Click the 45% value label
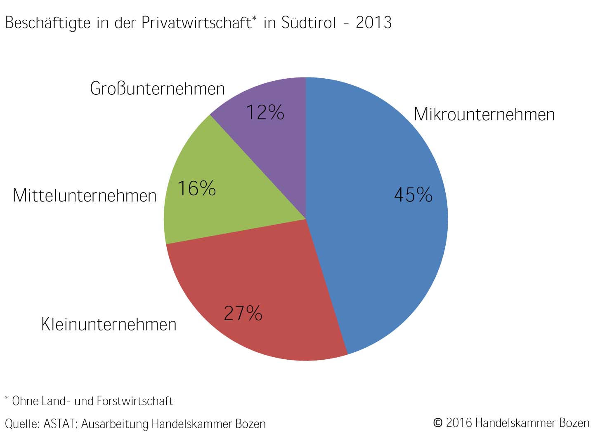click(x=413, y=194)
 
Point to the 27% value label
click(x=243, y=313)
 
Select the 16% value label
click(x=196, y=189)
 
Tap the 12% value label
click(x=265, y=112)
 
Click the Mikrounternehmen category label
click(x=484, y=115)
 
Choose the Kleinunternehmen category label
click(x=109, y=325)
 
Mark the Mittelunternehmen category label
click(x=85, y=195)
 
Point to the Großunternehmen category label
click(x=157, y=89)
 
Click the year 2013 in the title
click(x=373, y=23)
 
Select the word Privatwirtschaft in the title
click(x=196, y=23)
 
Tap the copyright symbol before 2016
click(x=437, y=423)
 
